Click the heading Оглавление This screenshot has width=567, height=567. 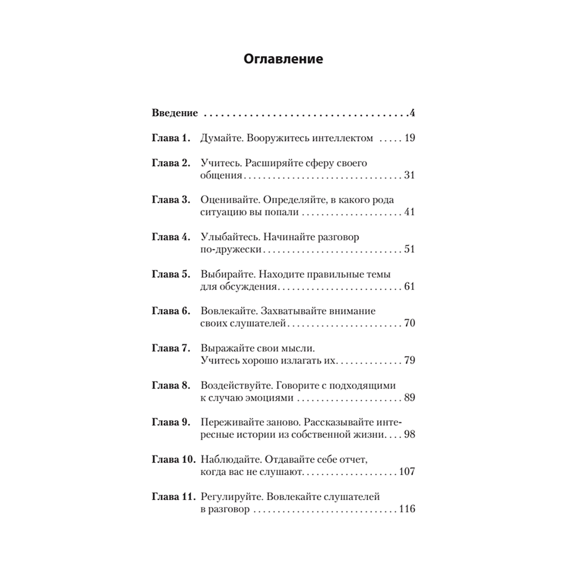283,59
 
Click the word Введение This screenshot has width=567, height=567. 175,113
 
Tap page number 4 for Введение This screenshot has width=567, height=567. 413,113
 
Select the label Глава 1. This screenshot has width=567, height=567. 172,138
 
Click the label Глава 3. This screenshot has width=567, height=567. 172,200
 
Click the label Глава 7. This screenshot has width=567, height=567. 172,348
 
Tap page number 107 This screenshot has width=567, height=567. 407,472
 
